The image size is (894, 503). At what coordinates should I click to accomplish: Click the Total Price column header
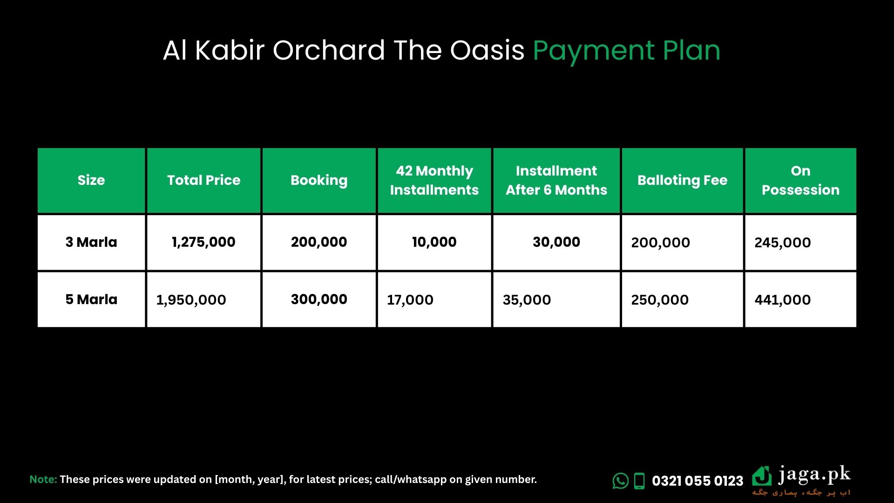pos(203,180)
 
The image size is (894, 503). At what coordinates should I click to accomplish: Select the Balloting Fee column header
pos(682,181)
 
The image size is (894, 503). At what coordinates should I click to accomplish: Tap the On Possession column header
pos(800,180)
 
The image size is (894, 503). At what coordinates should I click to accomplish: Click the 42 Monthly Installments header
pos(434,180)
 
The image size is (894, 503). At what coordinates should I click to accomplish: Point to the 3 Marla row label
pos(91,242)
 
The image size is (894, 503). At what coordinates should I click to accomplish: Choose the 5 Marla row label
pos(91,299)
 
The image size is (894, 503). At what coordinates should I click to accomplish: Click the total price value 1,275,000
pos(203,242)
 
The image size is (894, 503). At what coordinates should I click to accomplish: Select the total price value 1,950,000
pos(191,300)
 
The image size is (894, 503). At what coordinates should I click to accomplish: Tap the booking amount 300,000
pos(319,299)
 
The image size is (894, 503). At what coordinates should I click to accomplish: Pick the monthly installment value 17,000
pos(410,300)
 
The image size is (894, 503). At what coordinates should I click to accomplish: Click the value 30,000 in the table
pos(556,242)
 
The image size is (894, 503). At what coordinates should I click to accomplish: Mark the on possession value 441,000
pos(783,300)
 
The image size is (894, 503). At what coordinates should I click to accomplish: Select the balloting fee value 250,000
pos(660,300)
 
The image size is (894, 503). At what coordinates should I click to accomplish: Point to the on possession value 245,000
pos(783,243)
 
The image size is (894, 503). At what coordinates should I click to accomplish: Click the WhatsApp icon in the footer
pos(621,481)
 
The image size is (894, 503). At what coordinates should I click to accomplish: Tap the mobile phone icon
pos(640,481)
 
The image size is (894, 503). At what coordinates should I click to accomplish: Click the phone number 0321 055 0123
pos(698,481)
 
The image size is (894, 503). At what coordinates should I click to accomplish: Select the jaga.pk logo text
pos(814,476)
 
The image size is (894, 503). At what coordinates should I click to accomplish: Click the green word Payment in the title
pos(594,51)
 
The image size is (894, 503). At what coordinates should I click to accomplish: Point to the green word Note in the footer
pos(43,479)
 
